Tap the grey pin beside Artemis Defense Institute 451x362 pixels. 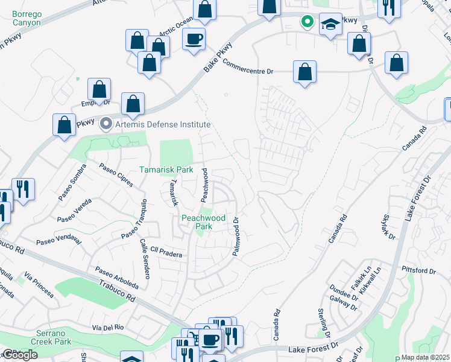[107, 124]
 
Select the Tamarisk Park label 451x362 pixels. [166, 170]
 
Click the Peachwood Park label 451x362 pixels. [204, 222]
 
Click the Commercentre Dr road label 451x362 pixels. [248, 66]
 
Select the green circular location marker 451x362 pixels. [307, 22]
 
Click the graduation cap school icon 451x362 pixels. [330, 24]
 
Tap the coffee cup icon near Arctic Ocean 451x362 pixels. [194, 39]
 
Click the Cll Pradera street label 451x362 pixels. [166, 252]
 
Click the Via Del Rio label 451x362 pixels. [108, 327]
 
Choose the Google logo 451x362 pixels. [20, 355]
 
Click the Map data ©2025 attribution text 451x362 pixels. [425, 357]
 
